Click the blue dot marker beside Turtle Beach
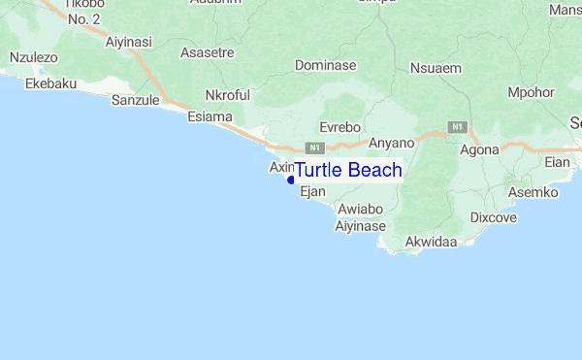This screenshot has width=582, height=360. coord(291,180)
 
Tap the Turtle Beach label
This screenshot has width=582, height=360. coord(347,171)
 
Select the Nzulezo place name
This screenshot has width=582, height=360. coord(33,58)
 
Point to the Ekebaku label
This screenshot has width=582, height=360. coord(50,84)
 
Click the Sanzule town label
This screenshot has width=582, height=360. coord(135,100)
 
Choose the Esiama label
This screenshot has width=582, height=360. coord(209,117)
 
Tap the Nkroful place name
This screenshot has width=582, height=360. coord(229,95)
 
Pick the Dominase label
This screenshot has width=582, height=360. coord(325,66)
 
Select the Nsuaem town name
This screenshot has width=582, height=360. coord(436,68)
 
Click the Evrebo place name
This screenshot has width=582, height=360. coord(340,127)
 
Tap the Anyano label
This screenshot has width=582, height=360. coord(391,143)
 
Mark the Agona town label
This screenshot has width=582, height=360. coord(479,149)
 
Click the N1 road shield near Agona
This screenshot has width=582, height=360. coord(458,127)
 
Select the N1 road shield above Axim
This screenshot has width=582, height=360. coord(313,147)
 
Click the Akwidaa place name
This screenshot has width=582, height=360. coord(431,241)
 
